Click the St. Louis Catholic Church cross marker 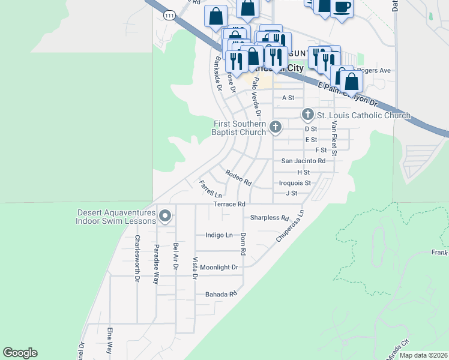(307, 114)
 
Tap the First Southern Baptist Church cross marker (275, 126)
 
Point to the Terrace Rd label (229, 205)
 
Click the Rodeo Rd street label (238, 178)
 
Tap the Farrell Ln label (211, 190)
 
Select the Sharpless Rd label (270, 218)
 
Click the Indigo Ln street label (218, 235)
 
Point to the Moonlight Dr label (219, 267)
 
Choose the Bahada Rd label (221, 294)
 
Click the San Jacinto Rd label (303, 161)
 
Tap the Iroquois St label (295, 183)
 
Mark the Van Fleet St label (334, 138)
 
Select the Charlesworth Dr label (137, 258)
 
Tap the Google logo (20, 353)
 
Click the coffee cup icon (342, 7)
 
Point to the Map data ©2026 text (423, 355)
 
